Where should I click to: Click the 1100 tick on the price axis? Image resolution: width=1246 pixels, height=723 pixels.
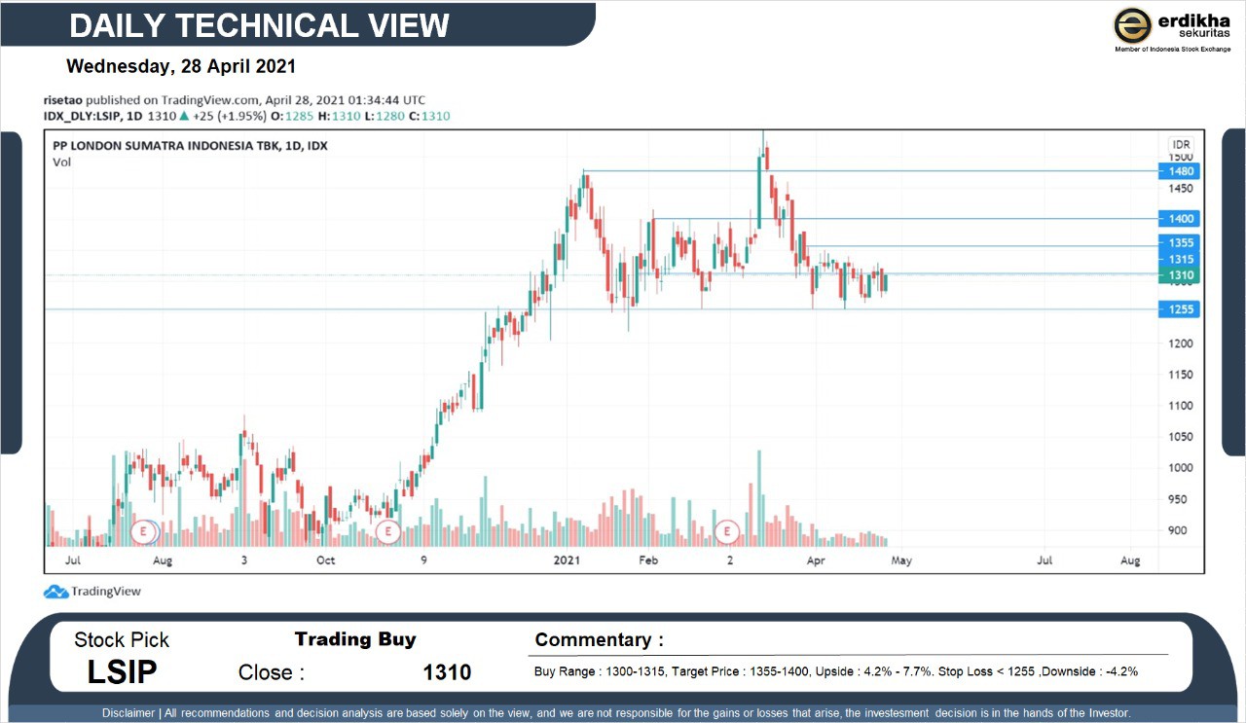click(x=1181, y=406)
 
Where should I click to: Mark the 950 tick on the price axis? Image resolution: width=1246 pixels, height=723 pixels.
click(x=1179, y=499)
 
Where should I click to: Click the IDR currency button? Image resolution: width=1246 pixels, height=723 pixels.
click(x=1180, y=144)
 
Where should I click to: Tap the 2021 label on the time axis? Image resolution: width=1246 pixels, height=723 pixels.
click(x=567, y=560)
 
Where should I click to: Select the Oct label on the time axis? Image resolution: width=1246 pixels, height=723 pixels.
click(x=325, y=560)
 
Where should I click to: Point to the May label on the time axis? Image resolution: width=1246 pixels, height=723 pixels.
click(x=901, y=560)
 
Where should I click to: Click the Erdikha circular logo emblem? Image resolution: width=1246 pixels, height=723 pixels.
click(x=1133, y=25)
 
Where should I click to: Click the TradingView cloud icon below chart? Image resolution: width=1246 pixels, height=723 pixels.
click(x=55, y=592)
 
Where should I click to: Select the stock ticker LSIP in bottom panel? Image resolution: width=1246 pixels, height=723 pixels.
click(x=122, y=671)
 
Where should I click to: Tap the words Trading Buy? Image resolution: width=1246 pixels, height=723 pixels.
click(x=355, y=639)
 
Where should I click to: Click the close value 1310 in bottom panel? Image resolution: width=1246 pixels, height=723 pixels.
click(x=447, y=672)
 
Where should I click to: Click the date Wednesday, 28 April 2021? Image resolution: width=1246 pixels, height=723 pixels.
click(x=181, y=67)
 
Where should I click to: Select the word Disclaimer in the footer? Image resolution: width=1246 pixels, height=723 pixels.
click(x=129, y=713)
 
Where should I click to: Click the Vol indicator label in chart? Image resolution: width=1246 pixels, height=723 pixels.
click(x=61, y=163)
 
